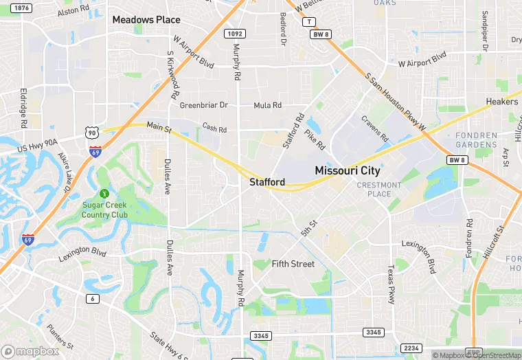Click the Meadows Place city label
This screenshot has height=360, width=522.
click(146, 20)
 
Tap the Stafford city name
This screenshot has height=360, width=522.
click(267, 182)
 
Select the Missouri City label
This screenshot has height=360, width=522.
click(347, 170)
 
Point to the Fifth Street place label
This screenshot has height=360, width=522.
click(293, 264)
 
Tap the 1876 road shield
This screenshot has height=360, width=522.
click(22, 8)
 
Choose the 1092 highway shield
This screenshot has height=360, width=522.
click(235, 32)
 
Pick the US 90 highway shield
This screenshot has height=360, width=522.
click(92, 131)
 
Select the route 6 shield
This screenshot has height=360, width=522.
click(92, 298)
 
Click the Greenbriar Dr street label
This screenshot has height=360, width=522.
click(203, 105)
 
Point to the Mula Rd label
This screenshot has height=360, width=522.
click(267, 105)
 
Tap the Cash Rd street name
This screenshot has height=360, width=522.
click(214, 127)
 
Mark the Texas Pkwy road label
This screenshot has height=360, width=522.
click(391, 286)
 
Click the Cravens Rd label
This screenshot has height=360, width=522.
click(374, 128)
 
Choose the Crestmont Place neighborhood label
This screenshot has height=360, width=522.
click(378, 190)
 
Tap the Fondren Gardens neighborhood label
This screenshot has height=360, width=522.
click(476, 140)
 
